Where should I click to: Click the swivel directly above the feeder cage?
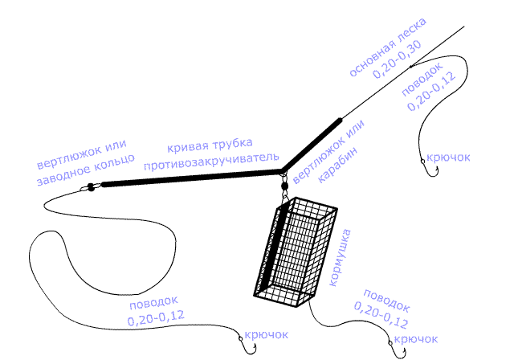(x=284, y=189)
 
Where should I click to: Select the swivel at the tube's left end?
(x=90, y=188)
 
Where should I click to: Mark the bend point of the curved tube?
(x=282, y=171)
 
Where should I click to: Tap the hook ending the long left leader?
(x=244, y=345)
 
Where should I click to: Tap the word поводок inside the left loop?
(x=149, y=305)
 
